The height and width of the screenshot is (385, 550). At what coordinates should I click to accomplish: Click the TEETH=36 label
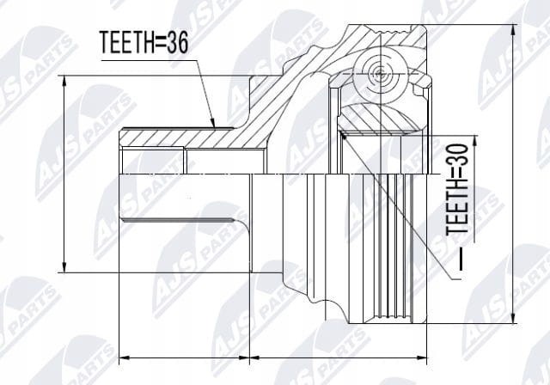(x=144, y=42)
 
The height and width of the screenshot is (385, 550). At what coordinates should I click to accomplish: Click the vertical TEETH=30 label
(x=458, y=189)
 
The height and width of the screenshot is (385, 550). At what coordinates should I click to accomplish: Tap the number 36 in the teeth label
(x=178, y=42)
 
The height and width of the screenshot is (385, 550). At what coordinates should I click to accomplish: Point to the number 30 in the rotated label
(x=458, y=155)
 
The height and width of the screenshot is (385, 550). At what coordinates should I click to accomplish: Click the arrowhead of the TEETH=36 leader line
(x=212, y=122)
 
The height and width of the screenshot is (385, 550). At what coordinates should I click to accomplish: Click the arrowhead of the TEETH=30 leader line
(x=344, y=135)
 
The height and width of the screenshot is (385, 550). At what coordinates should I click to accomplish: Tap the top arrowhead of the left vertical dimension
(x=64, y=82)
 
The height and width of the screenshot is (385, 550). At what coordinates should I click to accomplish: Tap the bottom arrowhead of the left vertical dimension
(x=64, y=266)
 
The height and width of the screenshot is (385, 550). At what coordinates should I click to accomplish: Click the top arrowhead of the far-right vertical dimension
(x=514, y=30)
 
